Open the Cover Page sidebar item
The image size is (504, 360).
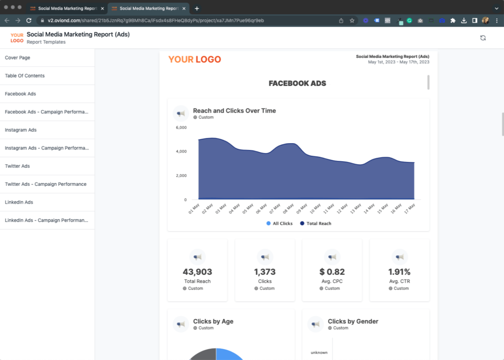click(17, 58)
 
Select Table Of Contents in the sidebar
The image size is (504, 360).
click(25, 76)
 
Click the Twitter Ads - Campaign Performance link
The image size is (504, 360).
click(46, 184)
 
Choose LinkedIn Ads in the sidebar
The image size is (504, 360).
click(19, 202)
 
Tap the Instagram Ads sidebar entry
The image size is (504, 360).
click(21, 130)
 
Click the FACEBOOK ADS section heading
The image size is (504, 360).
click(297, 84)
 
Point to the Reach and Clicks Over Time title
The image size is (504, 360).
click(234, 111)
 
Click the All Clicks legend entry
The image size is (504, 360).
click(280, 223)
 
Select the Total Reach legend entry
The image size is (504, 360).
click(315, 223)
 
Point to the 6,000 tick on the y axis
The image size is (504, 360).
click(181, 127)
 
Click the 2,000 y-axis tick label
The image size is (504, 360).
click(181, 176)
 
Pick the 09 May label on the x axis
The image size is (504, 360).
click(302, 209)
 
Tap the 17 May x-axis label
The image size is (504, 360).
click(409, 209)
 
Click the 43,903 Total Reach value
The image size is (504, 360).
click(197, 272)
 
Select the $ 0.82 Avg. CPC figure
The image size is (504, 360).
click(332, 272)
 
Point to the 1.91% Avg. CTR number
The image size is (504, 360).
click(399, 272)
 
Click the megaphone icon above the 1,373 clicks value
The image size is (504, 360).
click(265, 257)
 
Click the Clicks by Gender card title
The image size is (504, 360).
click(353, 322)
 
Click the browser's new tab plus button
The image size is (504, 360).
click(197, 9)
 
